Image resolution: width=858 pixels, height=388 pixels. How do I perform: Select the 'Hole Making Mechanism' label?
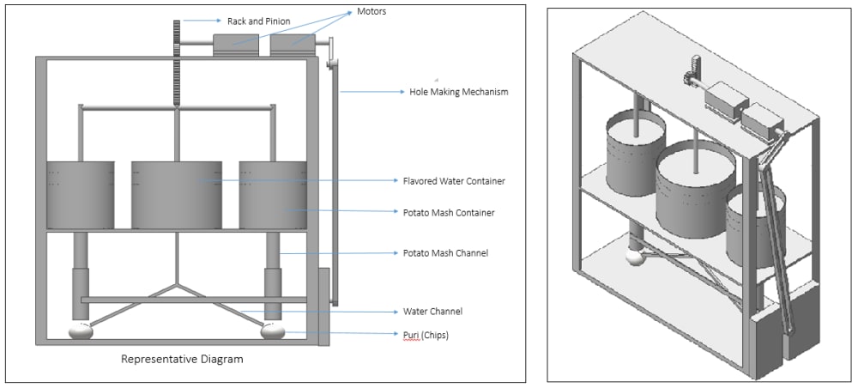(x=458, y=91)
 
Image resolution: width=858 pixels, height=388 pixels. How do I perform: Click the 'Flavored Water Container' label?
(x=454, y=181)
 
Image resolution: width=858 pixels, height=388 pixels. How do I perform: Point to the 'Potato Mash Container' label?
(x=449, y=211)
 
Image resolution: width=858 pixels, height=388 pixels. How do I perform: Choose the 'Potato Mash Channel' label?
(x=445, y=253)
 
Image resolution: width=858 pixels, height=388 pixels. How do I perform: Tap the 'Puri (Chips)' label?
(x=426, y=334)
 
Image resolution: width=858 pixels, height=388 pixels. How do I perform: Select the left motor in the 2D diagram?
(x=236, y=45)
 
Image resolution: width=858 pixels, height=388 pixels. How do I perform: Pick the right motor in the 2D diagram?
(x=292, y=45)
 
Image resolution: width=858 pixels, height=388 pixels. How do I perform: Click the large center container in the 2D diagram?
(x=176, y=195)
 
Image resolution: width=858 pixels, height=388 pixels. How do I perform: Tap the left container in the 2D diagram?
(x=80, y=195)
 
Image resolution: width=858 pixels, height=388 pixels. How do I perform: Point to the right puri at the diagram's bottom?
(x=273, y=330)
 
